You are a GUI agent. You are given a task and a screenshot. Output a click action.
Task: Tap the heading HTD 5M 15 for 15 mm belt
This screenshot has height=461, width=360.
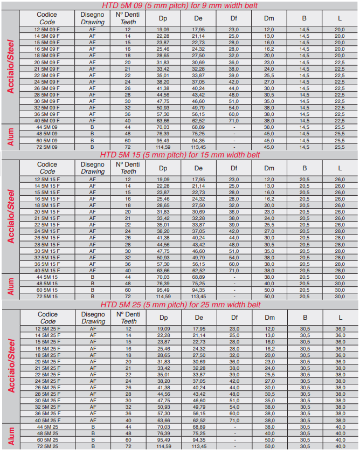click(180, 154)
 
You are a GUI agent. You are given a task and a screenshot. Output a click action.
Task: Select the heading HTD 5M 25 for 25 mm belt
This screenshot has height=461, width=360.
click(180, 305)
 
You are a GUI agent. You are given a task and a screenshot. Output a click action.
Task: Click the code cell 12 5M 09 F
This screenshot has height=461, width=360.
click(47, 29)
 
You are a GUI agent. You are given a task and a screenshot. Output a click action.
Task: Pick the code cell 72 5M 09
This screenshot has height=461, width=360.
click(47, 147)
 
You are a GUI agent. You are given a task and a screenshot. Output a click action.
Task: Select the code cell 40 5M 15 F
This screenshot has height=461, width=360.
click(47, 270)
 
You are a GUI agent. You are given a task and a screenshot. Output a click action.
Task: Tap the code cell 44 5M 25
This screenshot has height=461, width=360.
click(47, 427)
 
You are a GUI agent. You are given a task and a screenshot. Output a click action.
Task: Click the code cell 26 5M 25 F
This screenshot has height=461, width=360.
click(47, 388)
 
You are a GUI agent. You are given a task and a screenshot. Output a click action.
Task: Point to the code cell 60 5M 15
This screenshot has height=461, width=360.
click(47, 290)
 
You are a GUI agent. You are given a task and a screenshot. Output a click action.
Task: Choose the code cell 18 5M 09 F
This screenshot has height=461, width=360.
click(47, 56)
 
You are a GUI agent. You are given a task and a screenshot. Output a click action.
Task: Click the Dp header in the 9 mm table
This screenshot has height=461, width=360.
click(163, 18)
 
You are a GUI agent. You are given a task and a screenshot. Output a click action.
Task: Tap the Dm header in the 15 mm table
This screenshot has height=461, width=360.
click(269, 168)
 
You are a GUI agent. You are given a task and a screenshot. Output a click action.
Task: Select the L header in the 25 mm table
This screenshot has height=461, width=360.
click(340, 318)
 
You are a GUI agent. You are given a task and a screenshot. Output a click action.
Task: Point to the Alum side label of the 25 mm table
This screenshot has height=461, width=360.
click(11, 437)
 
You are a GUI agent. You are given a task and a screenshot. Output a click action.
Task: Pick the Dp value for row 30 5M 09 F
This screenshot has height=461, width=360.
click(163, 101)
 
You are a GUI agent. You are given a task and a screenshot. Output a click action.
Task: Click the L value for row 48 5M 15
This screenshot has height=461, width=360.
click(340, 283)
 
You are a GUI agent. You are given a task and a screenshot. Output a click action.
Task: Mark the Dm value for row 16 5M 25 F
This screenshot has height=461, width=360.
click(269, 348)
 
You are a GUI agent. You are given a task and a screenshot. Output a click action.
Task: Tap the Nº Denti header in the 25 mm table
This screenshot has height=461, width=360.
click(128, 318)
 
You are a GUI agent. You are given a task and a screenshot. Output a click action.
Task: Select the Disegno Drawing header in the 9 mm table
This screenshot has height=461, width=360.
click(93, 18)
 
